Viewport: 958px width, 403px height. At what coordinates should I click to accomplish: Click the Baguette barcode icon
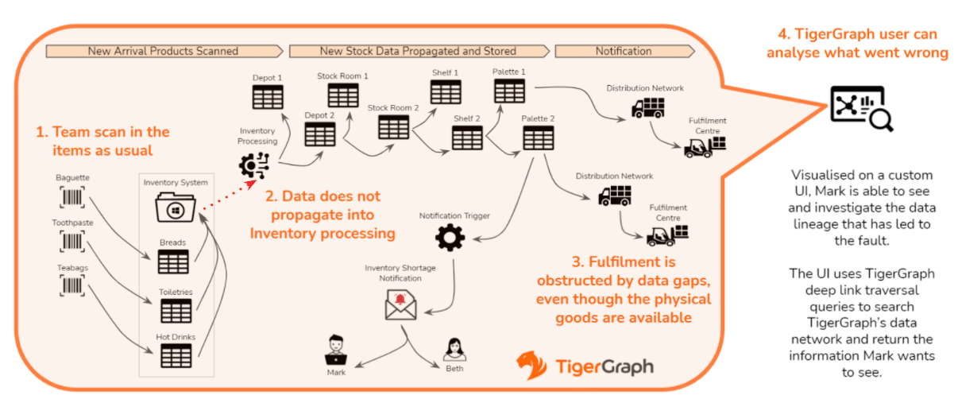pos(71,197)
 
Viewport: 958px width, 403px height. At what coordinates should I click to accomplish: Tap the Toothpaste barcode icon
pos(71,242)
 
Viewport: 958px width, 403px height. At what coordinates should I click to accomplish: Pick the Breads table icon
pos(173,261)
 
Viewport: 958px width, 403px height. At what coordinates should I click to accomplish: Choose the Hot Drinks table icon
pos(176,355)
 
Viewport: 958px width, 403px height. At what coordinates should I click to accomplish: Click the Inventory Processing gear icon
pos(254,165)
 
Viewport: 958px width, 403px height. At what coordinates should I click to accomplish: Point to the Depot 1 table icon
pos(267,97)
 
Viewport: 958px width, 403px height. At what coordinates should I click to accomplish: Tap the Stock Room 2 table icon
pos(393,127)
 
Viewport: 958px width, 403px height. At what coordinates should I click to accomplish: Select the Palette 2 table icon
pos(538,138)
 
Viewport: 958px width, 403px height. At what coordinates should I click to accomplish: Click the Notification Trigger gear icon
pos(450,238)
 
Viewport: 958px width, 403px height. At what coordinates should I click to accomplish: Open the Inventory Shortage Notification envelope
pos(400,304)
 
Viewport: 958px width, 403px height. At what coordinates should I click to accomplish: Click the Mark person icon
pos(336,350)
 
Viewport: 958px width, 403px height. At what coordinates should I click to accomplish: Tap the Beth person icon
pos(454,350)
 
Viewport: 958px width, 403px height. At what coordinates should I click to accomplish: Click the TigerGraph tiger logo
pos(531,365)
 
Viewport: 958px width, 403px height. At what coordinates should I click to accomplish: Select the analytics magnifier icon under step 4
pos(861,108)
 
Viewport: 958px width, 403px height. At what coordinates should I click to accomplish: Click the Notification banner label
pos(624,52)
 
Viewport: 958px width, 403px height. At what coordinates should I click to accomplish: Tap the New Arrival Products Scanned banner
pos(164,52)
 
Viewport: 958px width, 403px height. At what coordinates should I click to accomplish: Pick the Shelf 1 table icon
pos(446,91)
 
